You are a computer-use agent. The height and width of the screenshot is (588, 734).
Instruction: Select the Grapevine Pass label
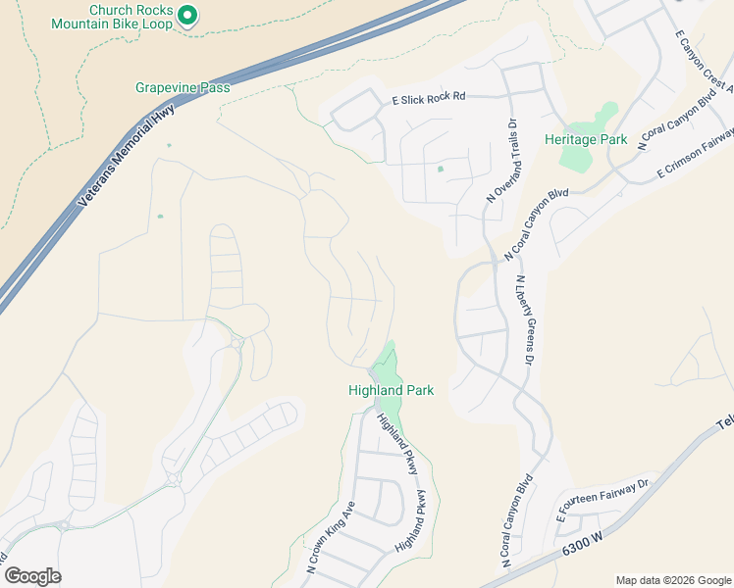coord(183,87)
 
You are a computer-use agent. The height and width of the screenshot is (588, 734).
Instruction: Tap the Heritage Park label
coord(586,140)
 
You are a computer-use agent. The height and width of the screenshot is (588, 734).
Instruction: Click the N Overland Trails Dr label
coord(501,162)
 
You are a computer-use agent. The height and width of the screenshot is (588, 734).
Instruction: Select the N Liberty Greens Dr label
coord(521,318)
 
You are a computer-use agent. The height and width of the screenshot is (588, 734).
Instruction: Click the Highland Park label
coord(391,390)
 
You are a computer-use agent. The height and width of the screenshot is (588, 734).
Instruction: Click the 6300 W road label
coord(582,550)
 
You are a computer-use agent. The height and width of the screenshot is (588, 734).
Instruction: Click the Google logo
coord(32,576)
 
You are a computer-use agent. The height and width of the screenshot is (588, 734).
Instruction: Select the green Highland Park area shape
coord(390,367)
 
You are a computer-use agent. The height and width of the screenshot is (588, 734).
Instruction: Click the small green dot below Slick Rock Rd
coord(440,169)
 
